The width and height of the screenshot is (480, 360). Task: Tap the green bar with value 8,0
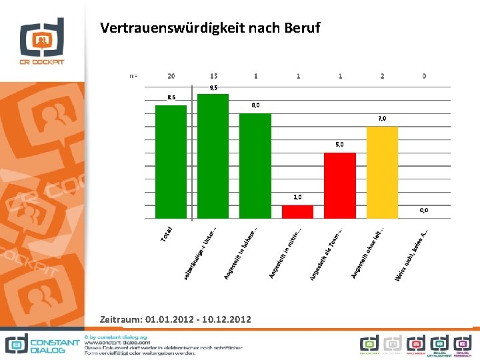pyautogui.click(x=255, y=165)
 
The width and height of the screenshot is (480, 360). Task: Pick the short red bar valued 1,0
pyautogui.click(x=297, y=211)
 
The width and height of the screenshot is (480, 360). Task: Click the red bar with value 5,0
pyautogui.click(x=339, y=185)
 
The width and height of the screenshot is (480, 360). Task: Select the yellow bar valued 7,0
pyautogui.click(x=382, y=172)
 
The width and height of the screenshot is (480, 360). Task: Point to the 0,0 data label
pyautogui.click(x=424, y=210)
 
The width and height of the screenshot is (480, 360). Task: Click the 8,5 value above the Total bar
pyautogui.click(x=171, y=98)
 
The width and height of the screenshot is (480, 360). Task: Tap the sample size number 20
pyautogui.click(x=171, y=76)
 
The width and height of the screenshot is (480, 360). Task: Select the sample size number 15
pyautogui.click(x=213, y=76)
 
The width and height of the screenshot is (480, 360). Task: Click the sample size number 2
pyautogui.click(x=382, y=76)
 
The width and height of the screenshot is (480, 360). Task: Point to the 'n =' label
pyautogui.click(x=133, y=76)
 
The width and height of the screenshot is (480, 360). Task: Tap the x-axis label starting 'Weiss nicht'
pyautogui.click(x=411, y=256)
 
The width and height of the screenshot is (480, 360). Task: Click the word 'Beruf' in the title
pyautogui.click(x=297, y=28)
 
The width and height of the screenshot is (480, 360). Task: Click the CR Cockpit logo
pyautogui.click(x=41, y=41)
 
